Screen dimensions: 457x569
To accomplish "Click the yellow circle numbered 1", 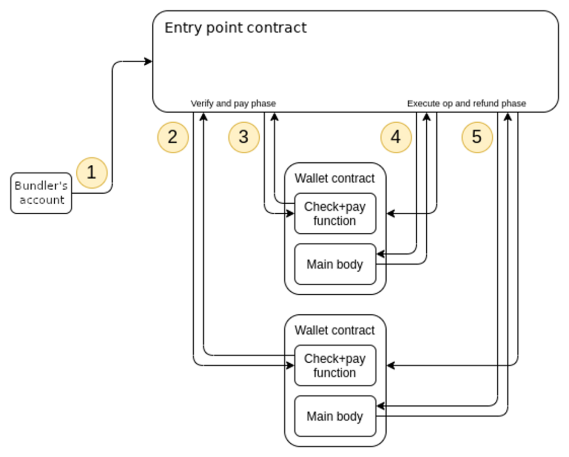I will pos(92,173).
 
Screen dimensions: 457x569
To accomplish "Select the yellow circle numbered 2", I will pos(173,137).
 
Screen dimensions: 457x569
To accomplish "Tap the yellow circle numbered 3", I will pos(244,137).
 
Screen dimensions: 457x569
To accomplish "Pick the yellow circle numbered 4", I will pos(396,137).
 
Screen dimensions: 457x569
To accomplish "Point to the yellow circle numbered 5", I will pos(477,137).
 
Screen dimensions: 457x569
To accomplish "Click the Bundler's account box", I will pos(41,193).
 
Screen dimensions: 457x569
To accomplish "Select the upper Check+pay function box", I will pos(335,213).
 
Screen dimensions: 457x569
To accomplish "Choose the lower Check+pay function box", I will pos(335,365).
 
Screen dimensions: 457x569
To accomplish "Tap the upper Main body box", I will pos(335,264).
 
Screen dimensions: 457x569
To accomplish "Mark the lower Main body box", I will pos(335,416).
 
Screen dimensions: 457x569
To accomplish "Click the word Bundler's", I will pos(41,186).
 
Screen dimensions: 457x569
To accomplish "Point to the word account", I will pos(42,200).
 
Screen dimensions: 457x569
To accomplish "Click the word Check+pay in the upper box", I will pos(335,206).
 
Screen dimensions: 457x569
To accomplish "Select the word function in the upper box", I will pos(335,221).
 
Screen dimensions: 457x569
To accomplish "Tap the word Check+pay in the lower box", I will pos(335,359).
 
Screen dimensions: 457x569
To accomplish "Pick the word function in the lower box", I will pos(335,373).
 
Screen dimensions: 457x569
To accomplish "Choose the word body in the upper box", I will pos(349,264).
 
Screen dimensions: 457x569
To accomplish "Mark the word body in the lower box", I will pos(349,416).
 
